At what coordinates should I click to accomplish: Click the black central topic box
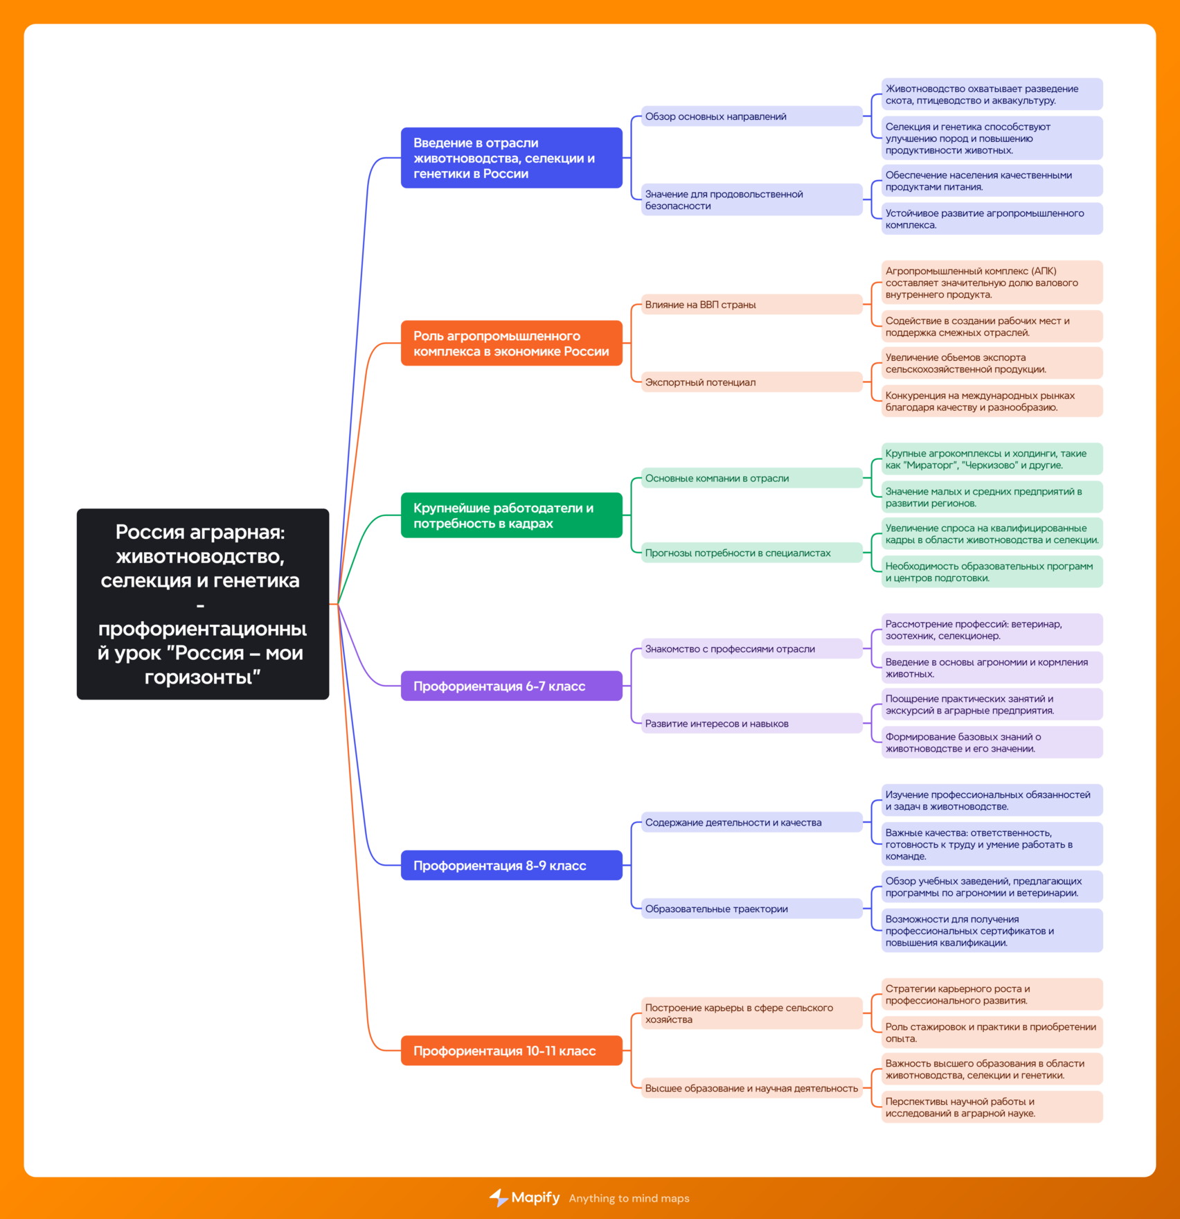pyautogui.click(x=203, y=604)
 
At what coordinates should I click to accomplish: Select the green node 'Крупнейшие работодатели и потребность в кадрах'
pyautogui.click(x=512, y=515)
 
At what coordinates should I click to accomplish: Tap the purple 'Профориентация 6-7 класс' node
pyautogui.click(x=512, y=686)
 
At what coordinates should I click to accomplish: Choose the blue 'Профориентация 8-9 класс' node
pyautogui.click(x=512, y=865)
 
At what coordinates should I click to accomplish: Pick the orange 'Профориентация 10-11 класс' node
pyautogui.click(x=512, y=1051)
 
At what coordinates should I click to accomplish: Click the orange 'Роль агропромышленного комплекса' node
pyautogui.click(x=512, y=343)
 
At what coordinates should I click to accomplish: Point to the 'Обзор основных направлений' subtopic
pyautogui.click(x=752, y=116)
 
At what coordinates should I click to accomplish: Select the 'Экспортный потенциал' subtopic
pyautogui.click(x=752, y=382)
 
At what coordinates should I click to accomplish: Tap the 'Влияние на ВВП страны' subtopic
pyautogui.click(x=752, y=304)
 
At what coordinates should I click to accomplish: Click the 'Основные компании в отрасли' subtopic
pyautogui.click(x=752, y=478)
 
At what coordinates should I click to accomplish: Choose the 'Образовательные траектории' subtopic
pyautogui.click(x=752, y=909)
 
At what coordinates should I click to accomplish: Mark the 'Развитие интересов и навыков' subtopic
pyautogui.click(x=752, y=723)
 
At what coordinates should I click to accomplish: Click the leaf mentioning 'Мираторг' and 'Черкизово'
pyautogui.click(x=992, y=459)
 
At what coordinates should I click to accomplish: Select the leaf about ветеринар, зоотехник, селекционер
pyautogui.click(x=992, y=630)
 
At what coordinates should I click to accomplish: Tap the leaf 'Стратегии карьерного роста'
pyautogui.click(x=992, y=995)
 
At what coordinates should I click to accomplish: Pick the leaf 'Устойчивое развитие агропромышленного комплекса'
pyautogui.click(x=992, y=219)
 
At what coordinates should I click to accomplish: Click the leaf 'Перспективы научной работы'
pyautogui.click(x=992, y=1107)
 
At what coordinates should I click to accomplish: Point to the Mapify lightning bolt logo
pyautogui.click(x=499, y=1198)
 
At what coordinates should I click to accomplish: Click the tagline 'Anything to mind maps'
pyautogui.click(x=629, y=1198)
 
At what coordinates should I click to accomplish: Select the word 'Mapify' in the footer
pyautogui.click(x=535, y=1198)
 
